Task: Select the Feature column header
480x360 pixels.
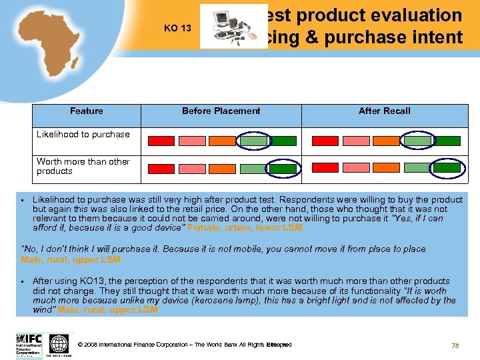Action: pos(87,111)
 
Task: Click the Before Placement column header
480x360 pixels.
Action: pos(221,111)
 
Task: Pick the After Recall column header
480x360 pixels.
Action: pos(385,111)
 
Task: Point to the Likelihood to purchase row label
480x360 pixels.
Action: pos(83,134)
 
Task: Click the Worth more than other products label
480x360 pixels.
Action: pos(83,166)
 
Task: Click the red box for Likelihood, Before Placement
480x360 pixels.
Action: pos(161,141)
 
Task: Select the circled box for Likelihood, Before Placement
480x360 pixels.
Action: pos(253,141)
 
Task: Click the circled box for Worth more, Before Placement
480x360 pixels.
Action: pos(253,169)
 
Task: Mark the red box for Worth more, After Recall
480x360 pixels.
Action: pos(326,169)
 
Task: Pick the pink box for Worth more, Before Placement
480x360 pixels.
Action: pos(191,169)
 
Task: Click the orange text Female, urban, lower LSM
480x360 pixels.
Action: pos(245,227)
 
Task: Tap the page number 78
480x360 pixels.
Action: pos(455,345)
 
